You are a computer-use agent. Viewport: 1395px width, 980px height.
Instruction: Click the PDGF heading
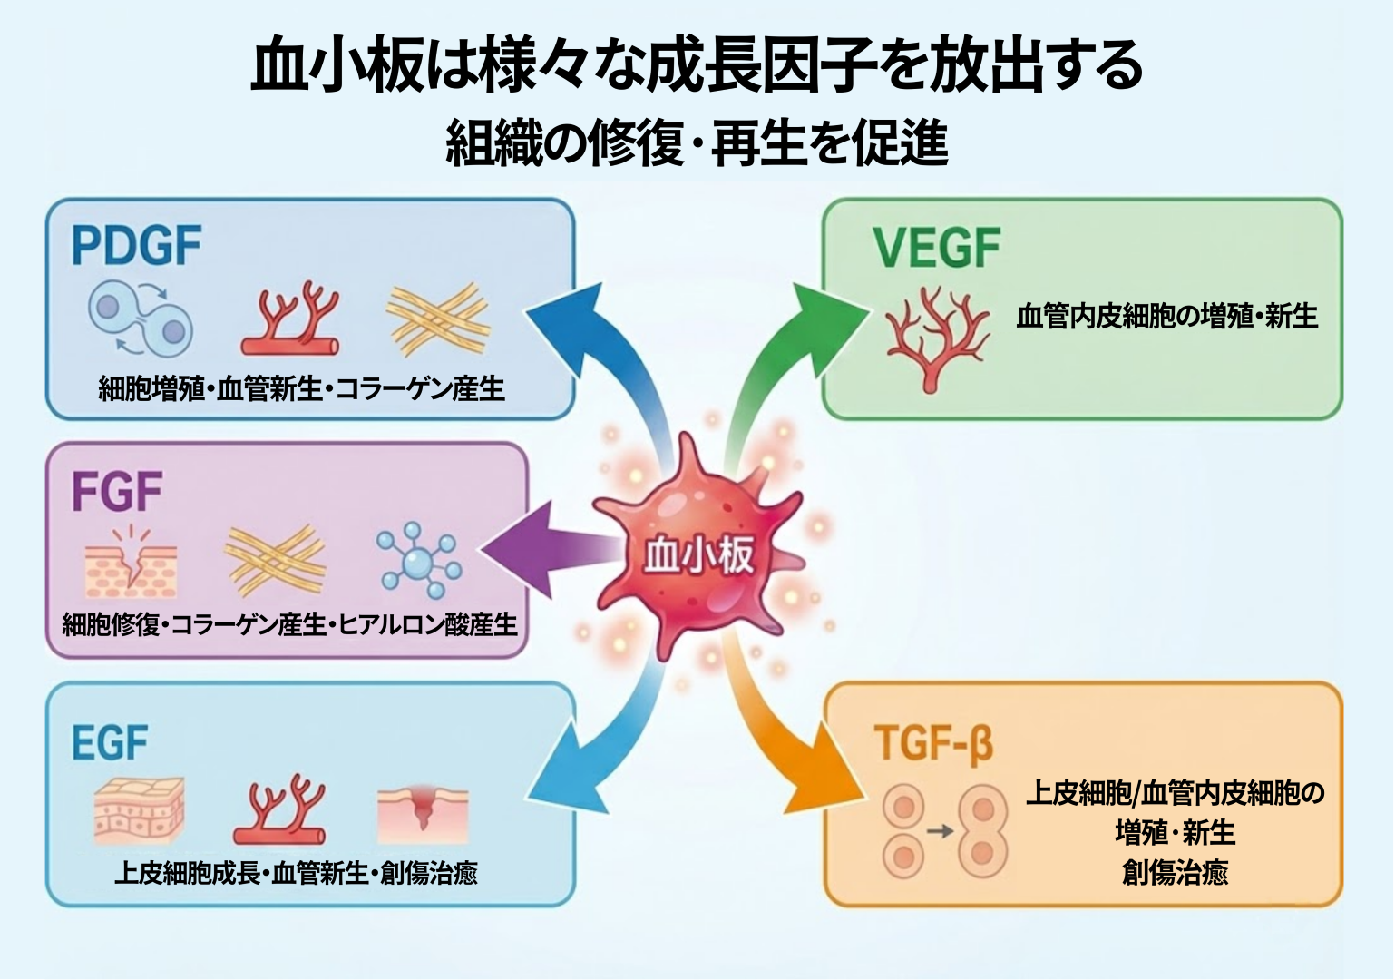[x=136, y=246]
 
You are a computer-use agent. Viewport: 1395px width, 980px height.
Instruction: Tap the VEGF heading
[x=936, y=248]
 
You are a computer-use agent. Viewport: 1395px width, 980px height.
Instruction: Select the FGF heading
[x=116, y=492]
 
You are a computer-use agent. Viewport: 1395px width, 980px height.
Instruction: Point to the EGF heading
[x=109, y=743]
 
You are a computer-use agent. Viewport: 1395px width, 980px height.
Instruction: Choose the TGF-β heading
[x=933, y=743]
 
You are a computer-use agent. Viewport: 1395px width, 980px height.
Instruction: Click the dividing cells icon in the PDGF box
[x=141, y=318]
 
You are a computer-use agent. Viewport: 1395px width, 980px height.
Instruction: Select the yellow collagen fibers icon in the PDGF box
[x=438, y=318]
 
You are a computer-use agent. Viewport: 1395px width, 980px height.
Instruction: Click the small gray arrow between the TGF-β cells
[x=940, y=830]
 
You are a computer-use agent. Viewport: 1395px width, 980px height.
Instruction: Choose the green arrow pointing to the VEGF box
[x=771, y=363]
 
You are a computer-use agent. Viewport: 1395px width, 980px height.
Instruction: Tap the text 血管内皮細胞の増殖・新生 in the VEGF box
[x=1166, y=317]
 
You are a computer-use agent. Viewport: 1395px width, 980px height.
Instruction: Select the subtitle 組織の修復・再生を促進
[x=697, y=144]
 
